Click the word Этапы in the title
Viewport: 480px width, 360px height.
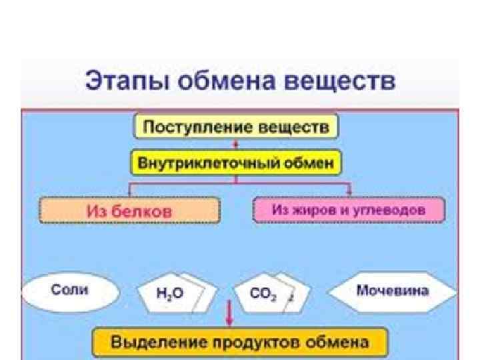click(x=124, y=83)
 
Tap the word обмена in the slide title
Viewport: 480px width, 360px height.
click(x=223, y=83)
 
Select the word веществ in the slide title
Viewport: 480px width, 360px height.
click(x=339, y=83)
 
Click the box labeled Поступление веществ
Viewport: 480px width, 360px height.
click(x=236, y=127)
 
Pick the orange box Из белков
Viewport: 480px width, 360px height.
click(x=129, y=211)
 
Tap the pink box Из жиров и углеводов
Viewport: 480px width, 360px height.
click(x=348, y=210)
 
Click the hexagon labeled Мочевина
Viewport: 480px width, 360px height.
click(x=393, y=292)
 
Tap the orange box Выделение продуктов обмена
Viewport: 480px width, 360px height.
click(x=240, y=343)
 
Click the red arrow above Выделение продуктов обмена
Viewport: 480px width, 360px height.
click(x=229, y=313)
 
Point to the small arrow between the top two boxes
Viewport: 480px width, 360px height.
click(x=235, y=144)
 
